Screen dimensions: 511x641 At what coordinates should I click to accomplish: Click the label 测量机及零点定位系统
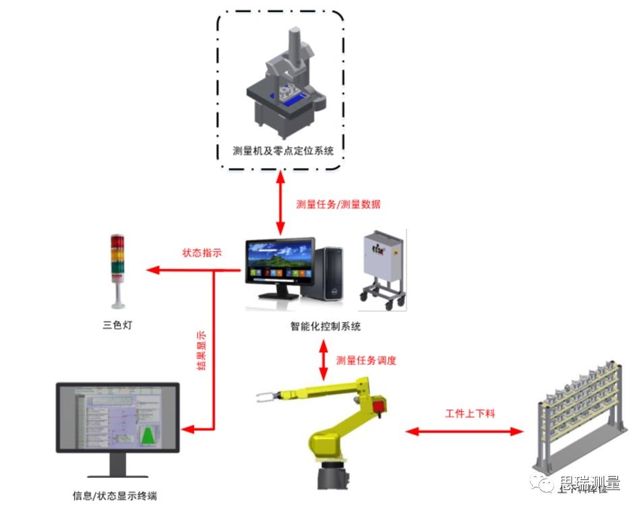283,150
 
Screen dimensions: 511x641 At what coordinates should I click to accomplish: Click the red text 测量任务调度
366,360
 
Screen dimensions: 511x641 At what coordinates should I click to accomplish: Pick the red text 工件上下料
470,413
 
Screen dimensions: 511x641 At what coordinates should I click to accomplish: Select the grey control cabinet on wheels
384,266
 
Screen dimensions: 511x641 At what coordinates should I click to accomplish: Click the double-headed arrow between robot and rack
464,431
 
